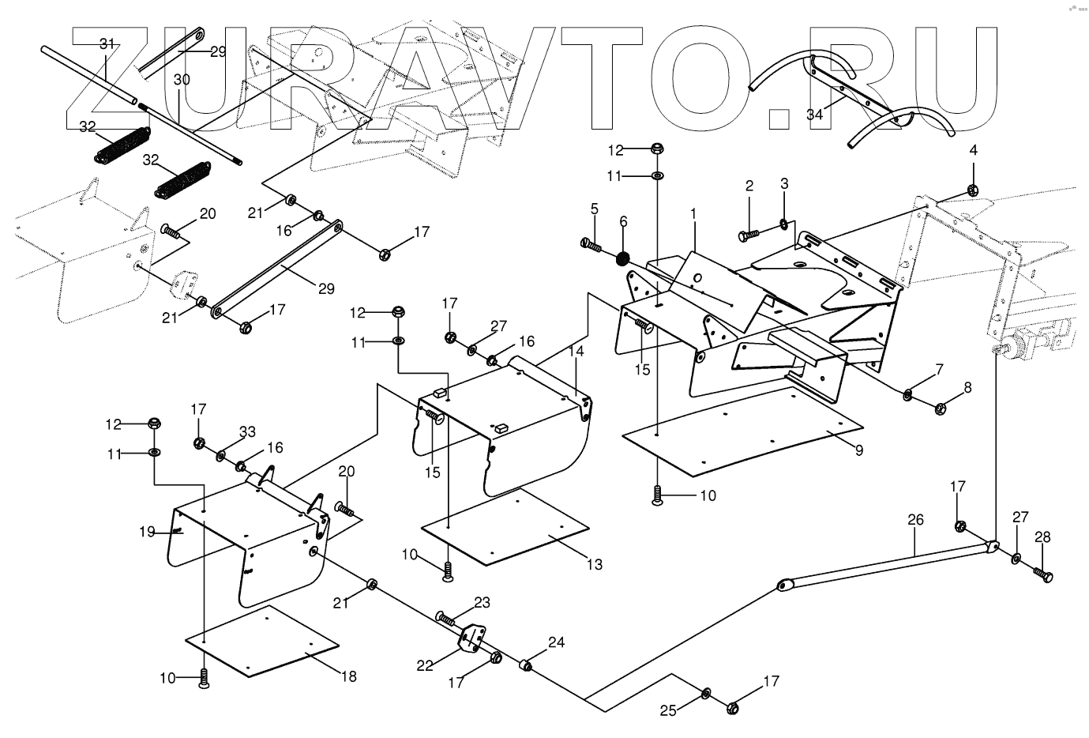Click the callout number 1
click(693, 214)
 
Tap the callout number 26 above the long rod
click(915, 520)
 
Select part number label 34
click(815, 115)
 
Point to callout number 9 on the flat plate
click(858, 450)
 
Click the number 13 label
click(594, 564)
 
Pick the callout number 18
click(347, 676)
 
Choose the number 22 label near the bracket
click(425, 665)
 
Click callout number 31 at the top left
click(107, 44)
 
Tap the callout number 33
click(247, 432)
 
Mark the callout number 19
click(148, 532)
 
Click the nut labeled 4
click(973, 190)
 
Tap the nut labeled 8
click(941, 409)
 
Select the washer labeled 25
click(706, 694)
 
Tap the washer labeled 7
click(908, 393)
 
